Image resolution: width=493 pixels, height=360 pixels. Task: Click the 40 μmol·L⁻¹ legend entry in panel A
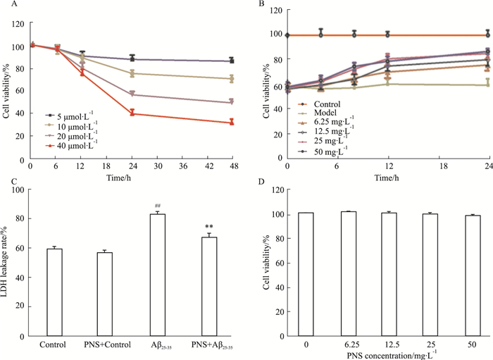(x=70, y=146)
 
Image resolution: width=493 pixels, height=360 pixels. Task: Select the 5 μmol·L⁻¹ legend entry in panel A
(x=68, y=114)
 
